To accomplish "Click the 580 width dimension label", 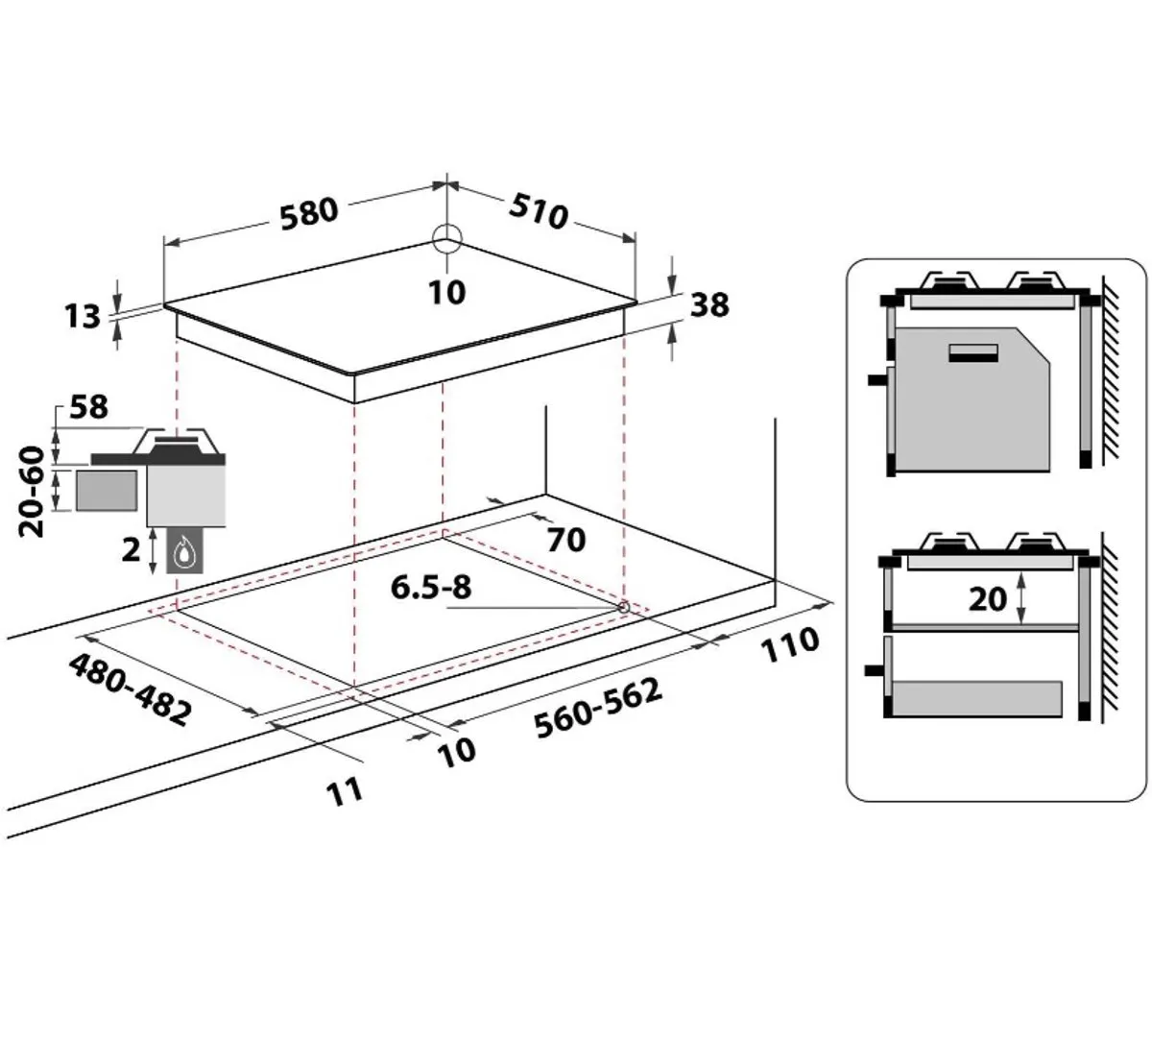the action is pyautogui.click(x=309, y=213).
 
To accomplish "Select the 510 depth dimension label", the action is pyautogui.click(x=539, y=211).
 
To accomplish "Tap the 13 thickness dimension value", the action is pyautogui.click(x=82, y=317).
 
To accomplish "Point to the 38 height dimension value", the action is pyautogui.click(x=709, y=305).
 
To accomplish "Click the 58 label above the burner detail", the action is pyautogui.click(x=88, y=407).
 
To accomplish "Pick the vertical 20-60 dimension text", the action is pyautogui.click(x=32, y=492).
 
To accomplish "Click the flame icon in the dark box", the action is pyautogui.click(x=185, y=551).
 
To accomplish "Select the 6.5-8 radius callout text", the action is pyautogui.click(x=431, y=588).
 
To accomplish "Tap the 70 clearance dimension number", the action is pyautogui.click(x=566, y=541).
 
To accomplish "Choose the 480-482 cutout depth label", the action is pyautogui.click(x=130, y=689).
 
